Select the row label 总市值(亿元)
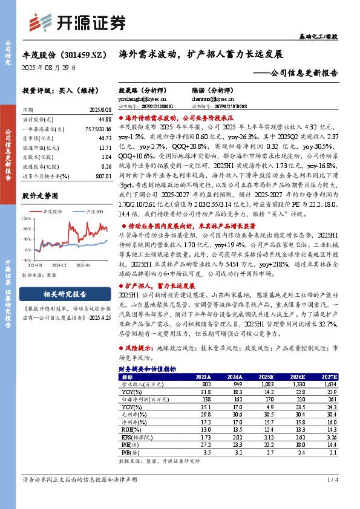pos(35,138)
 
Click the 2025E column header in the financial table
pos(247,377)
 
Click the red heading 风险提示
pos(139,348)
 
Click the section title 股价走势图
pos(40,196)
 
